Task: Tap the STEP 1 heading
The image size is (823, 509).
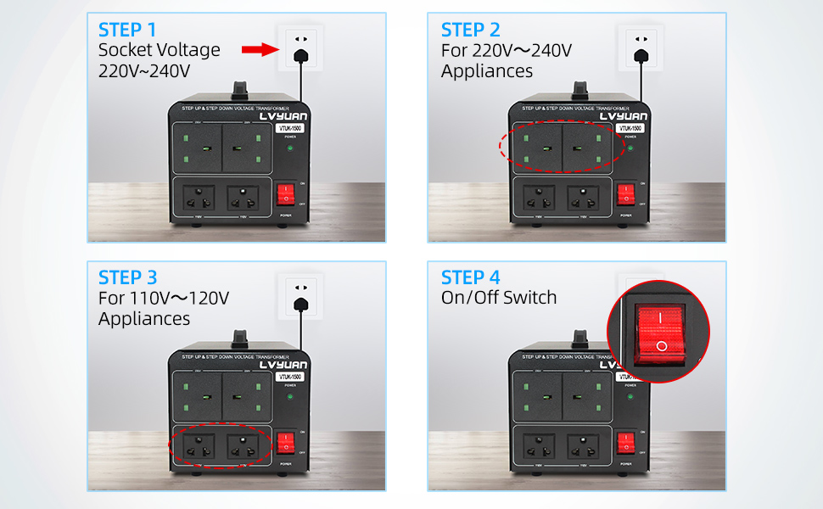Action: pos(128,31)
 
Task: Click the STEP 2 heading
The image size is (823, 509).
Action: pos(472,31)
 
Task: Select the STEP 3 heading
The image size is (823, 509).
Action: pos(128,277)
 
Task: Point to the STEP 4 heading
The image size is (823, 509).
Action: pos(472,277)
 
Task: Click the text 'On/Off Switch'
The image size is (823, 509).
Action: pos(499,298)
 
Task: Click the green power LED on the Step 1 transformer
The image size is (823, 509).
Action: pos(289,148)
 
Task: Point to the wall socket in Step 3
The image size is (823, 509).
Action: pos(300,293)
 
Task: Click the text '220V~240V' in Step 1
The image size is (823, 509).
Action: pos(144,70)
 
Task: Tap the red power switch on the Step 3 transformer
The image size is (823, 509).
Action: pos(286,441)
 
